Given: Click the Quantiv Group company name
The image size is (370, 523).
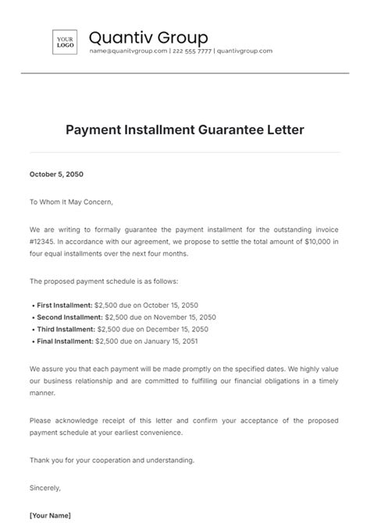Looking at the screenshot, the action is (x=148, y=37).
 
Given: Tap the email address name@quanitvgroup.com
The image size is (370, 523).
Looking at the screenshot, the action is (x=128, y=51).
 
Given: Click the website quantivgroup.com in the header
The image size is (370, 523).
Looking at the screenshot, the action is (x=244, y=51).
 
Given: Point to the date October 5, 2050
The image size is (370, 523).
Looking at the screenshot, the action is (x=58, y=175).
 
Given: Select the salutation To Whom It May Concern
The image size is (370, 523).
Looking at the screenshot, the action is (x=71, y=202).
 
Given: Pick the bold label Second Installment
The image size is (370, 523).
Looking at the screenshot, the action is (x=68, y=317).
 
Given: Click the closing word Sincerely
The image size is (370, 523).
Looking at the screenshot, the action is (x=44, y=488).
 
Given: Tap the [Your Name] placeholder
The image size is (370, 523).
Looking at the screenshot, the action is (x=51, y=515).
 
